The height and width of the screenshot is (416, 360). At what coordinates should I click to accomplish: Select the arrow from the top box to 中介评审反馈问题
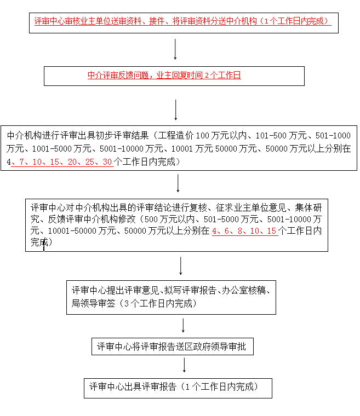[175, 49]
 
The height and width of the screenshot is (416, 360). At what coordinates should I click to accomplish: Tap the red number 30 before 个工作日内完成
[108, 162]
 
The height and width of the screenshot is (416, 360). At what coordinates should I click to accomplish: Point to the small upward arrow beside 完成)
[44, 245]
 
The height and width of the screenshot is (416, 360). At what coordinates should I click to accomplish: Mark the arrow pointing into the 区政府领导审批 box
[183, 326]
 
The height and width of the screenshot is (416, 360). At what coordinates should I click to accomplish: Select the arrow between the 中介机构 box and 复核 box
[179, 183]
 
